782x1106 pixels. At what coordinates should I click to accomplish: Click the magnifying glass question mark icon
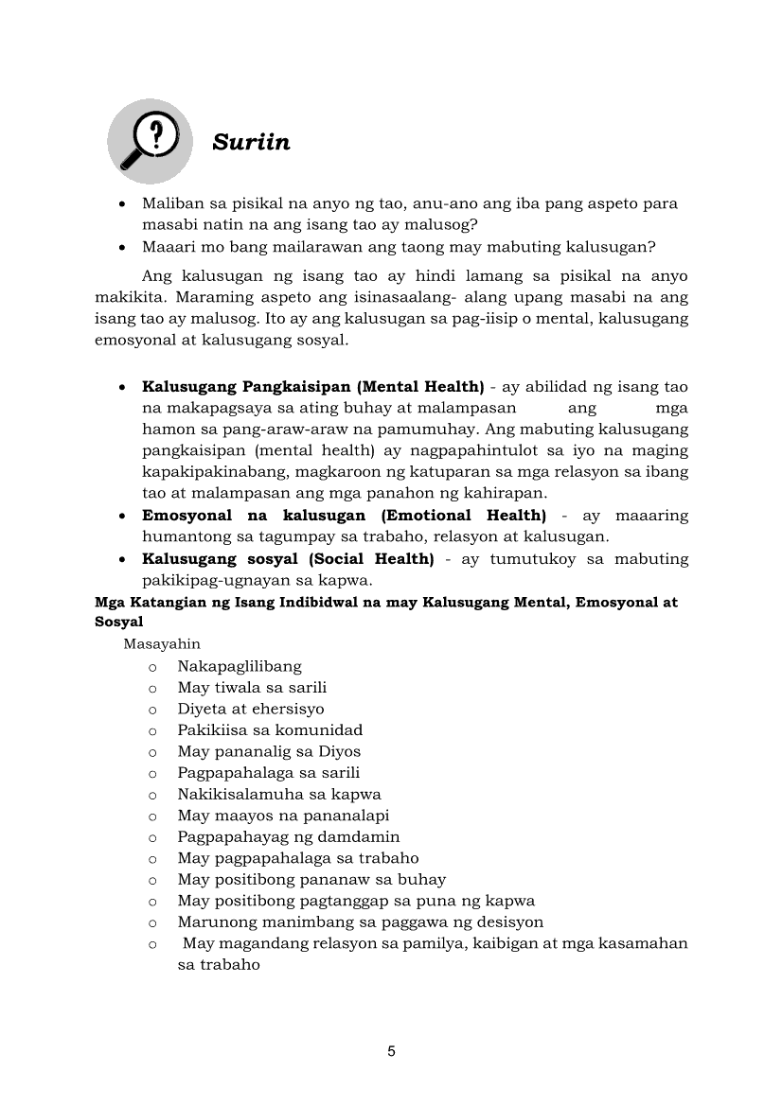149,141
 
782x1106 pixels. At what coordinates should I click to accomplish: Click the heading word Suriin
251,143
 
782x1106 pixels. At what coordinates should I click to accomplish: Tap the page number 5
391,1051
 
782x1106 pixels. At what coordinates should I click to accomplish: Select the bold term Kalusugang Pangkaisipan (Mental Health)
312,387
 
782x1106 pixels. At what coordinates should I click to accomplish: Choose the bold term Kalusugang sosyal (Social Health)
288,559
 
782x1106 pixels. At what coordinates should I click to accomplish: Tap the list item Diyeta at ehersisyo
251,709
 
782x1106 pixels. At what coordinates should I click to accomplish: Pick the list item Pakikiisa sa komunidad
270,730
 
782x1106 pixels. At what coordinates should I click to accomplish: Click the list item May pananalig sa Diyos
269,751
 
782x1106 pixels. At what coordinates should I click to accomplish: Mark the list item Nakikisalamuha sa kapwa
279,795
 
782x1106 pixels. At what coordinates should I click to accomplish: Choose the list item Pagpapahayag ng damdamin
289,837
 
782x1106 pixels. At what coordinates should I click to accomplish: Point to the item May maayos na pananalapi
283,816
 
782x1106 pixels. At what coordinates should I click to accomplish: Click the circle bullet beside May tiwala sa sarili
151,689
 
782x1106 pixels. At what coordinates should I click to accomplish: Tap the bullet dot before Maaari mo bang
124,248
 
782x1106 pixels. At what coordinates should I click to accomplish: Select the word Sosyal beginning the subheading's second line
119,623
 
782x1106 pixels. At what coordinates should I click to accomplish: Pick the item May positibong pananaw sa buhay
311,880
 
